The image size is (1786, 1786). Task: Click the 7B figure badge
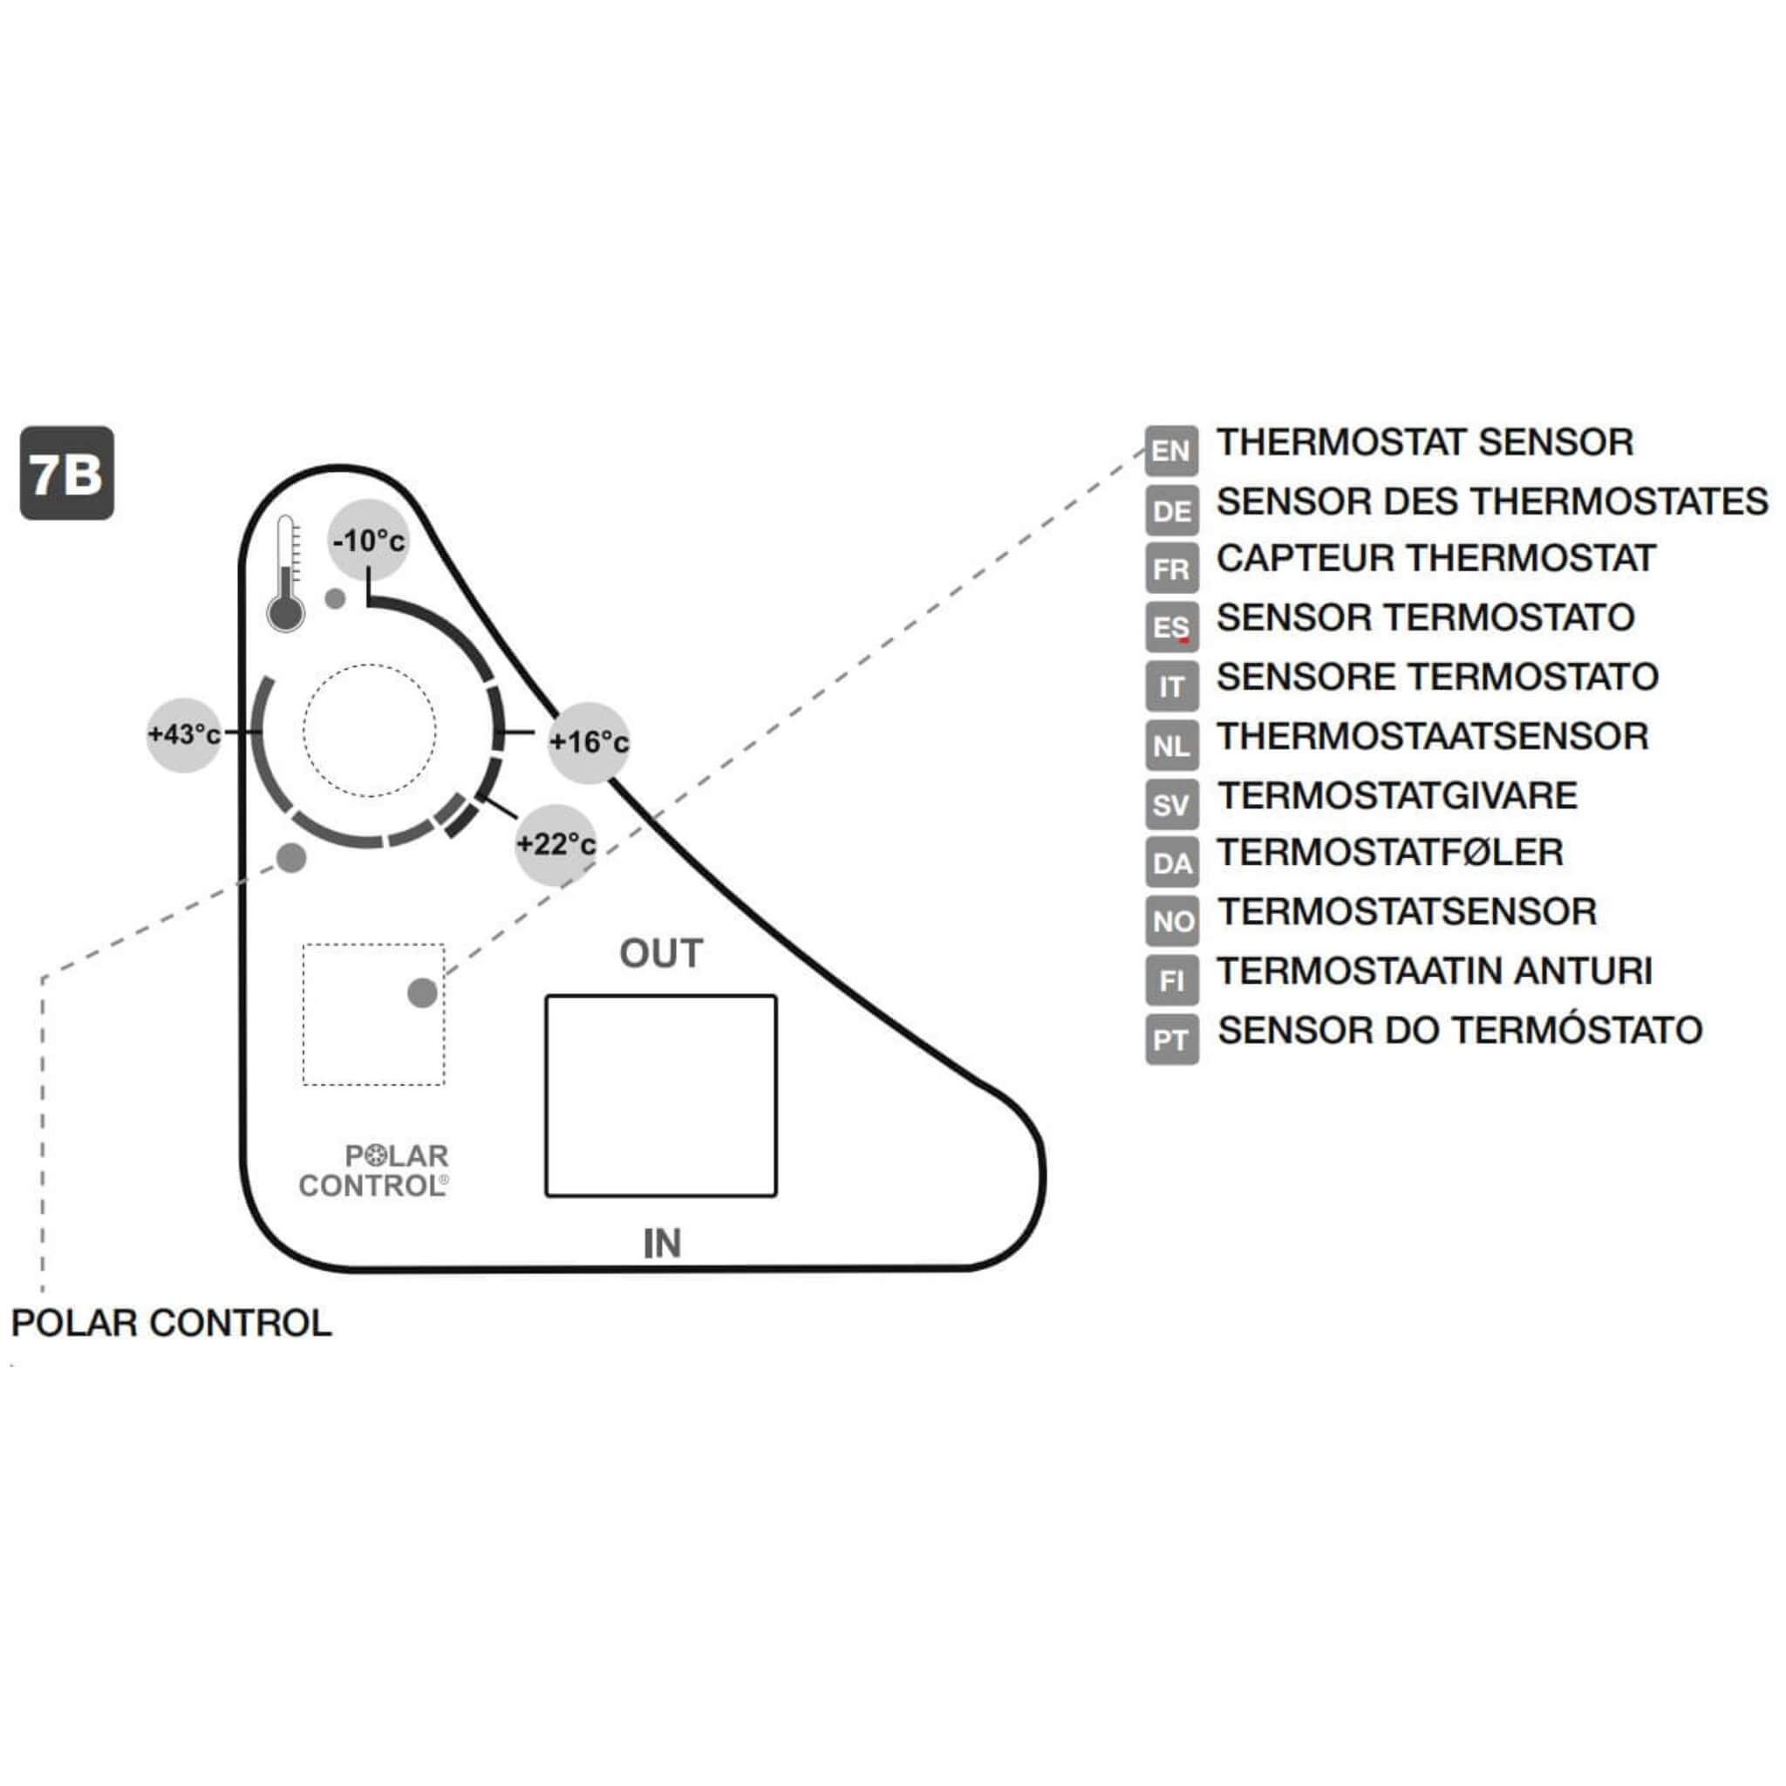point(66,473)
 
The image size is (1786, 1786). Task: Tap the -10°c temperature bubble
point(369,540)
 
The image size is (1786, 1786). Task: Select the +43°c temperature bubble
point(185,734)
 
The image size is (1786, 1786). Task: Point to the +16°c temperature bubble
point(589,741)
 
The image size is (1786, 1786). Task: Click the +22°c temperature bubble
point(555,843)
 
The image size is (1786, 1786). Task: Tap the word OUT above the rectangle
point(661,953)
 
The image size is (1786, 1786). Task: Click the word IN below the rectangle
point(662,1244)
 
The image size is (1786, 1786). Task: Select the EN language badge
point(1171,451)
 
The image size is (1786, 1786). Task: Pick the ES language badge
point(1171,628)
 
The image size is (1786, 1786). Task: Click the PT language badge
point(1171,1040)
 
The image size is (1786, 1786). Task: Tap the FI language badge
point(1171,981)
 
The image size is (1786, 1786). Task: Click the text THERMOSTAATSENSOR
point(1432,737)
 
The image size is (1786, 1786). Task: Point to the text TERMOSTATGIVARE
point(1397,796)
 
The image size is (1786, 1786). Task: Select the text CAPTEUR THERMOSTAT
point(1435,558)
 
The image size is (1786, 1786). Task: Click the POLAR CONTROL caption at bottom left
point(171,1323)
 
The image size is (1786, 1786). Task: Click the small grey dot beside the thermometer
point(336,598)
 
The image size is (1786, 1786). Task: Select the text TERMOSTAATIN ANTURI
point(1434,971)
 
